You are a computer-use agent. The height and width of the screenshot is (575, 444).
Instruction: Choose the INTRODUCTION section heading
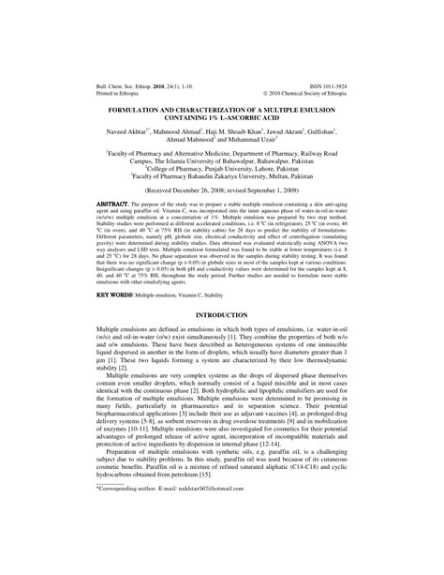(222, 315)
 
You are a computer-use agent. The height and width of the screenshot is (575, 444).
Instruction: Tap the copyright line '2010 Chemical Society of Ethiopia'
(309, 92)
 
